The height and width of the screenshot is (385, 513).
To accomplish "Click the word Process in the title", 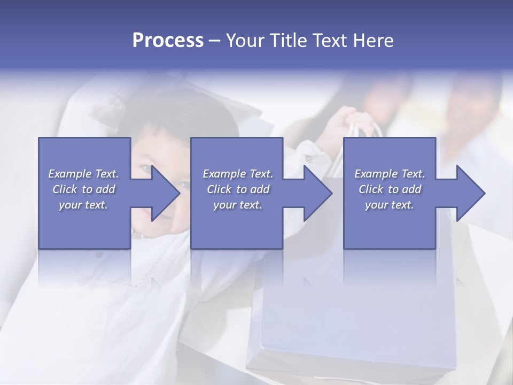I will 168,41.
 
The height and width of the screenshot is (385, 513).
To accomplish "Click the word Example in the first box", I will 70,174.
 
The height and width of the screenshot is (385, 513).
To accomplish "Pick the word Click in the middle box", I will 219,189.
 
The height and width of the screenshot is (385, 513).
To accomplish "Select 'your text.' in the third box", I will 390,205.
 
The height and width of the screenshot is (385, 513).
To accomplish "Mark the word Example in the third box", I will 376,174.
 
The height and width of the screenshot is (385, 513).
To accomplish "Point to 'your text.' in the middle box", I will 237,205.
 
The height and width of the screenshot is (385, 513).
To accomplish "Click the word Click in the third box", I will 370,189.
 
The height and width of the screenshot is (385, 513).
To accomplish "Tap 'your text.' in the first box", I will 83,205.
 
